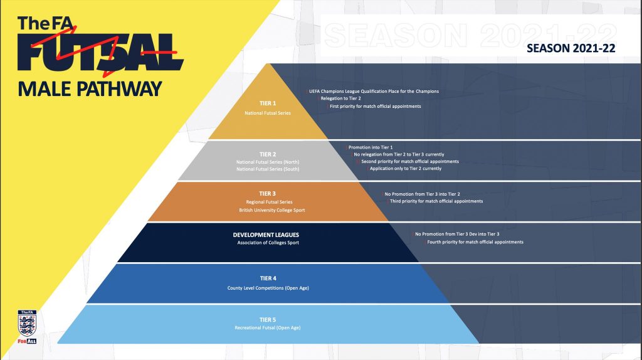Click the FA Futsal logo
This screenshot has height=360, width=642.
(100, 46)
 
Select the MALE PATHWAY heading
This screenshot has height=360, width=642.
(90, 89)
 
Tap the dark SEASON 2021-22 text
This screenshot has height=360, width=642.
(571, 48)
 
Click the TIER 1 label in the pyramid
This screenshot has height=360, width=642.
(268, 103)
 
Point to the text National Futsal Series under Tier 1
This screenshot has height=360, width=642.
(268, 113)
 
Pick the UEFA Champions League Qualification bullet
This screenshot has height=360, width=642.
(374, 92)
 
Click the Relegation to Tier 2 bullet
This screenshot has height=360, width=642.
(340, 98)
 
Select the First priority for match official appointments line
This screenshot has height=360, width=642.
(375, 106)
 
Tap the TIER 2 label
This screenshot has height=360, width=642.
(268, 154)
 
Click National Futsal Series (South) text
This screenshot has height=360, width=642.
(268, 169)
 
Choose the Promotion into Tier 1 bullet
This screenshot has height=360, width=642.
(370, 147)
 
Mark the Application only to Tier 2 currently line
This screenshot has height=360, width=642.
(406, 168)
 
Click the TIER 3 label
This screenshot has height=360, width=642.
(267, 194)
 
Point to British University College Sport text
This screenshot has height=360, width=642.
(272, 210)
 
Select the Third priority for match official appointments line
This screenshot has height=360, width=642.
(436, 201)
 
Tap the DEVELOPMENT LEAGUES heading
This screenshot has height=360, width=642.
(266, 235)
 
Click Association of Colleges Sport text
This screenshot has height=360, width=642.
(268, 243)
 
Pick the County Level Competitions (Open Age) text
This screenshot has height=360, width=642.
(268, 288)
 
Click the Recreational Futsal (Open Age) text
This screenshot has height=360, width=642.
(268, 327)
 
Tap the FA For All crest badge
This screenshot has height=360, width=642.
(27, 327)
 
